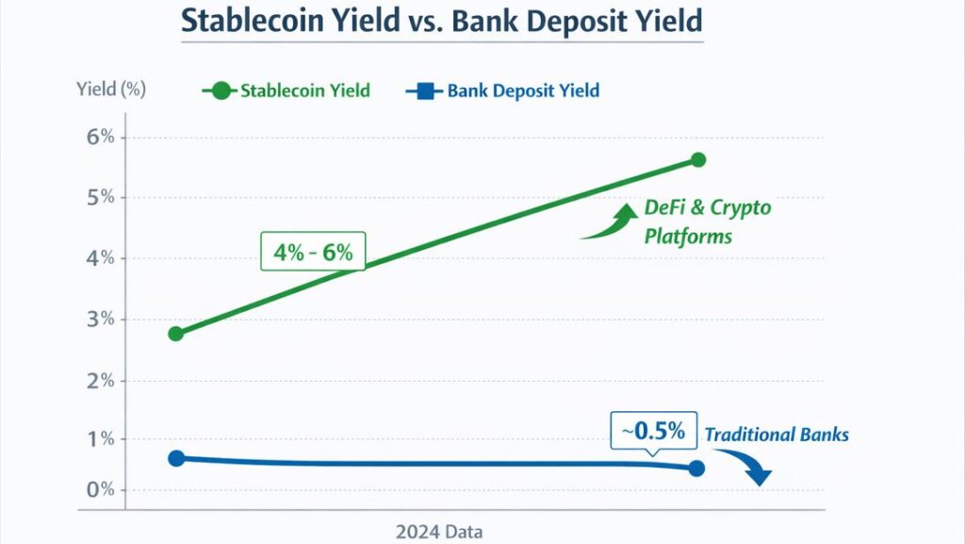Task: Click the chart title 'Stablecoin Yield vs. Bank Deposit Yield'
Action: pos(442,21)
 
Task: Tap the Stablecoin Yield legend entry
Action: pos(287,91)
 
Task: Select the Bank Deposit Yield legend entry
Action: pos(503,91)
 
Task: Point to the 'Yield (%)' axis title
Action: pos(111,91)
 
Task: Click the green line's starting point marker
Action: pos(175,334)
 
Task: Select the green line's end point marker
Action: pos(697,159)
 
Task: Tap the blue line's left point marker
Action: pos(175,458)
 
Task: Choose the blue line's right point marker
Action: pos(696,469)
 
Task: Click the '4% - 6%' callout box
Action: pos(312,253)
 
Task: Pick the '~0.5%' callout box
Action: pos(653,432)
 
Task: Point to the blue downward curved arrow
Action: pos(748,465)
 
